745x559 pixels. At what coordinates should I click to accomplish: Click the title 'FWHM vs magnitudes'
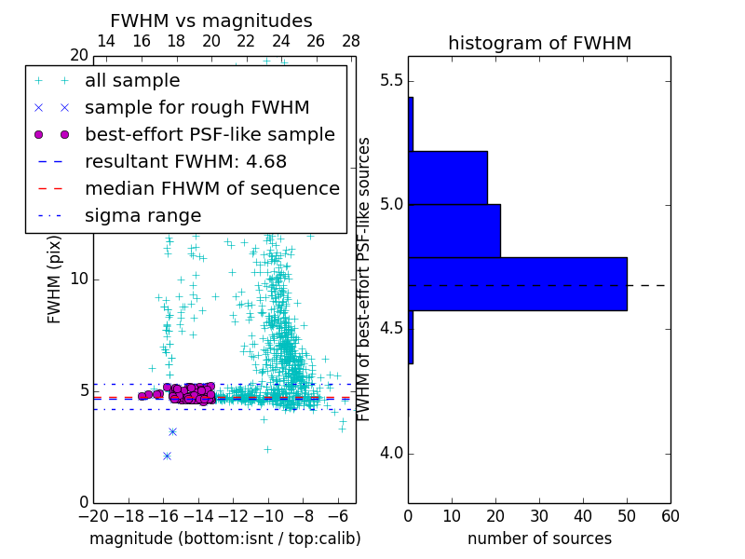coord(211,21)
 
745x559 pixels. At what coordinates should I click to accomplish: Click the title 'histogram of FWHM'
coord(539,44)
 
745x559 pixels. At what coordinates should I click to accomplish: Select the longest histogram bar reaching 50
coord(518,283)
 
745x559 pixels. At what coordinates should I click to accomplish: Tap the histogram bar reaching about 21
coord(454,230)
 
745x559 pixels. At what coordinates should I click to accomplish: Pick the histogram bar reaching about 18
coord(448,177)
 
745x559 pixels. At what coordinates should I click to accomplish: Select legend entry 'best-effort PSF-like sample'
coord(210,134)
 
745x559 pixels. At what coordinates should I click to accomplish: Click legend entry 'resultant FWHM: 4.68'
coord(186,161)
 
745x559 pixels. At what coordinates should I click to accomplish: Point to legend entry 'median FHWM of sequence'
coord(211,188)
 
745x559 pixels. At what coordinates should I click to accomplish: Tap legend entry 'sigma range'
coord(142,215)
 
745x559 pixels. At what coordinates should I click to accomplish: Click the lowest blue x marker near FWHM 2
coord(167,456)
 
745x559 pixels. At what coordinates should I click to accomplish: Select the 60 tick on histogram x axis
coord(670,516)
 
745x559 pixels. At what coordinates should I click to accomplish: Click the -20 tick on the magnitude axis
coord(93,516)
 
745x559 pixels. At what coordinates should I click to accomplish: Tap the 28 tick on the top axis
coord(351,41)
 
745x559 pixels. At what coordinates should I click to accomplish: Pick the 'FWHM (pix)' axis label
coord(55,278)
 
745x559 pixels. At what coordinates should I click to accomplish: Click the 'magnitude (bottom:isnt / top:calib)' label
coord(224,539)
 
